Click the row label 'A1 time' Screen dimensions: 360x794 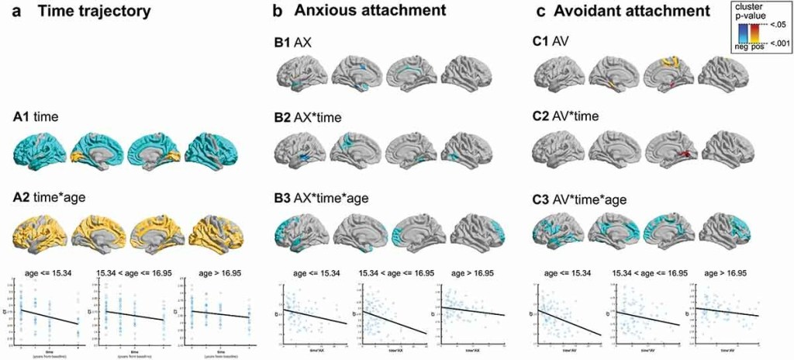coord(37,117)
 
